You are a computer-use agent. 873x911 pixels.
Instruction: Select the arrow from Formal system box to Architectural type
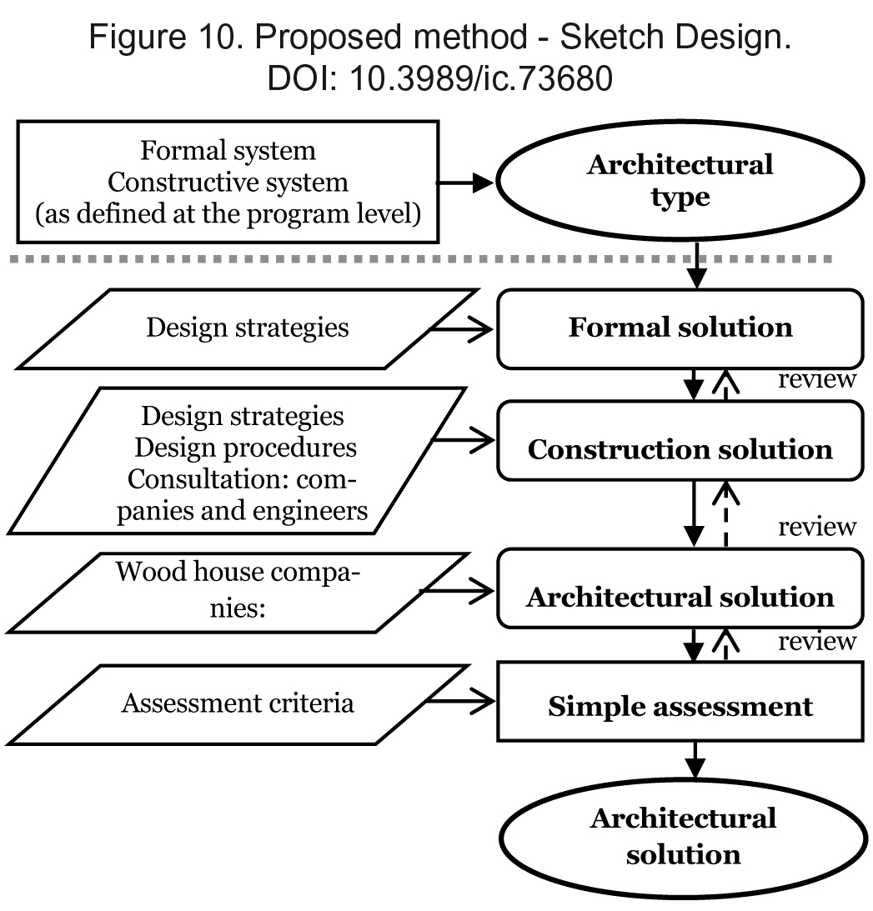click(x=465, y=183)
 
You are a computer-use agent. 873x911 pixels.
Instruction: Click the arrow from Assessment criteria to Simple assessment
click(x=460, y=701)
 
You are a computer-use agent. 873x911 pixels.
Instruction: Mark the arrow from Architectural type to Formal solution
click(x=696, y=264)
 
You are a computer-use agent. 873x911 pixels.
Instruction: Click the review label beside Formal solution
click(x=816, y=379)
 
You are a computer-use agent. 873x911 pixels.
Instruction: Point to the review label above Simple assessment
click(x=816, y=642)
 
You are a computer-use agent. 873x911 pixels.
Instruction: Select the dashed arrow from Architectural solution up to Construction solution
click(x=725, y=515)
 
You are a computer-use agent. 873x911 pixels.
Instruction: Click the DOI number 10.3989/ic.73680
click(x=480, y=78)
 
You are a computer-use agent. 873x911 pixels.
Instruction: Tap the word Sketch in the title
click(x=611, y=37)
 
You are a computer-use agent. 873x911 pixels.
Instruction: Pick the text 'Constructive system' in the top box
click(x=228, y=183)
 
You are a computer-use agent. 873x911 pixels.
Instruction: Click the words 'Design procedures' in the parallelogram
click(x=245, y=448)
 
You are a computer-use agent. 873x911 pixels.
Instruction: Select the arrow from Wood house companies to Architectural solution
click(x=456, y=592)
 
